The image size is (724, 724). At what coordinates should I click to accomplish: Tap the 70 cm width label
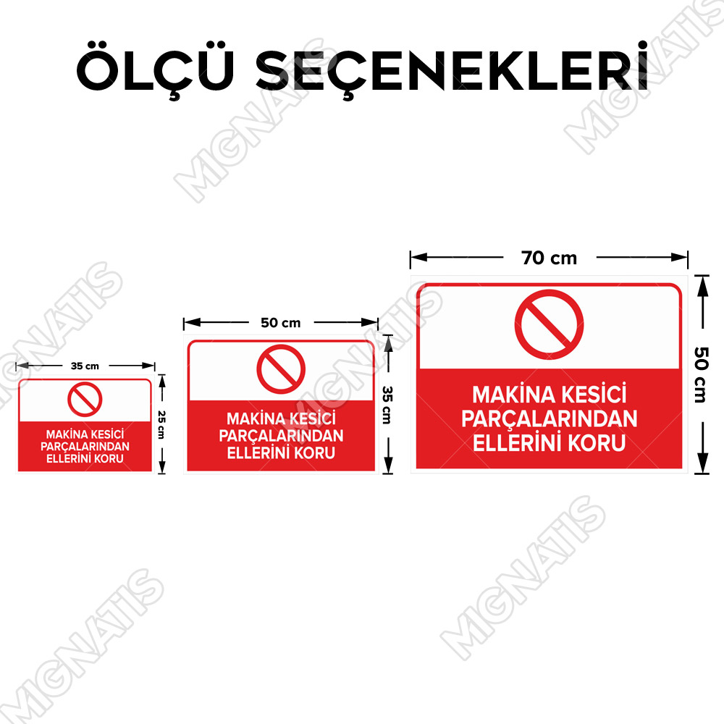(550, 258)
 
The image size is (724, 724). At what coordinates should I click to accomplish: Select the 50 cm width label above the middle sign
(281, 323)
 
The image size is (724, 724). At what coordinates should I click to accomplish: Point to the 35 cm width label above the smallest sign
(85, 366)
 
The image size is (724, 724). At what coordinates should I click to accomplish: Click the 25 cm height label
(161, 425)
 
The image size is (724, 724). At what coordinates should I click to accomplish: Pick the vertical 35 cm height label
(387, 405)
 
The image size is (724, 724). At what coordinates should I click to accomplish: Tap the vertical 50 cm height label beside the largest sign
(701, 375)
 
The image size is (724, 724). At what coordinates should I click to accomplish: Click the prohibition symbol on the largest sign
(549, 324)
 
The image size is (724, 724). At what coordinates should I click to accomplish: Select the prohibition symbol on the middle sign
(281, 369)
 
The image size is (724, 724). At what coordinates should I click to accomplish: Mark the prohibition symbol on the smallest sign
(85, 400)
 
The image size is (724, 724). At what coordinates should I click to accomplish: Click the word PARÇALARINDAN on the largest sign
(550, 419)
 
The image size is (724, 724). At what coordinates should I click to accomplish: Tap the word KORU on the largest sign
(597, 443)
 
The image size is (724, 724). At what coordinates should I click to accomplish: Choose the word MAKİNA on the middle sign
(252, 418)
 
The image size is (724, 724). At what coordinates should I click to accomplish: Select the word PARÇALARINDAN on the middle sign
(281, 436)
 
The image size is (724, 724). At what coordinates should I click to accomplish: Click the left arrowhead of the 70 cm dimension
(418, 257)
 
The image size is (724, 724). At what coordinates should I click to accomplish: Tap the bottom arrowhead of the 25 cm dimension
(161, 468)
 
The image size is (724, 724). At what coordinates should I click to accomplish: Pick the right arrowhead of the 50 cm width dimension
(370, 322)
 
